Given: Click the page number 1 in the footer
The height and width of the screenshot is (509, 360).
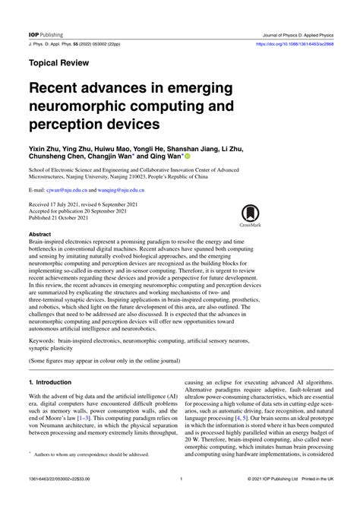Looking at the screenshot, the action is (x=180, y=499).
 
